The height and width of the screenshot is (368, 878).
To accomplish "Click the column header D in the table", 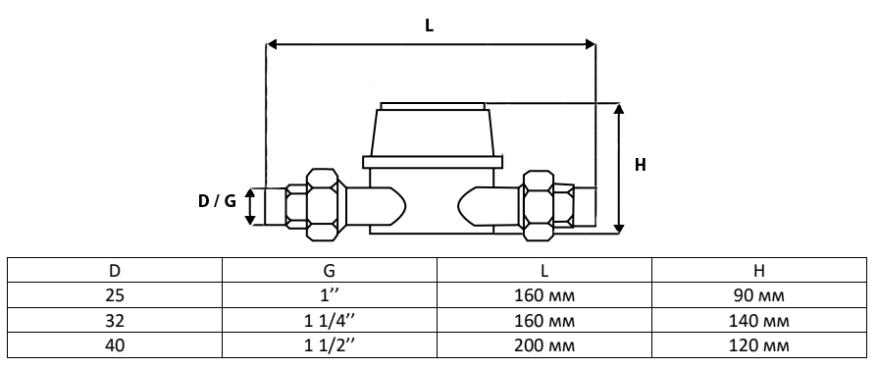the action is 114,270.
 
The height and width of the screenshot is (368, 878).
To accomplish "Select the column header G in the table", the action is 330,270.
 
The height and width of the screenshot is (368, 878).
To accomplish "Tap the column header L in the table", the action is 544,270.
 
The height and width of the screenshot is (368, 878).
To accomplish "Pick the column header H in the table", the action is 759,270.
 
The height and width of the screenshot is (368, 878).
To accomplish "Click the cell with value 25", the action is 114,295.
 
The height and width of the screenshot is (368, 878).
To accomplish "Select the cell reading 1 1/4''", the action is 330,320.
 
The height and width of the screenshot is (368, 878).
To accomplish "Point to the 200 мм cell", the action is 544,345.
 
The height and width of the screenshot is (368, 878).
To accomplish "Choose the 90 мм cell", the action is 759,295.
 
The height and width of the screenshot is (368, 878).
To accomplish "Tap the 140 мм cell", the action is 759,320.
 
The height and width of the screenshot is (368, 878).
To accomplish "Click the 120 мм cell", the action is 759,345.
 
